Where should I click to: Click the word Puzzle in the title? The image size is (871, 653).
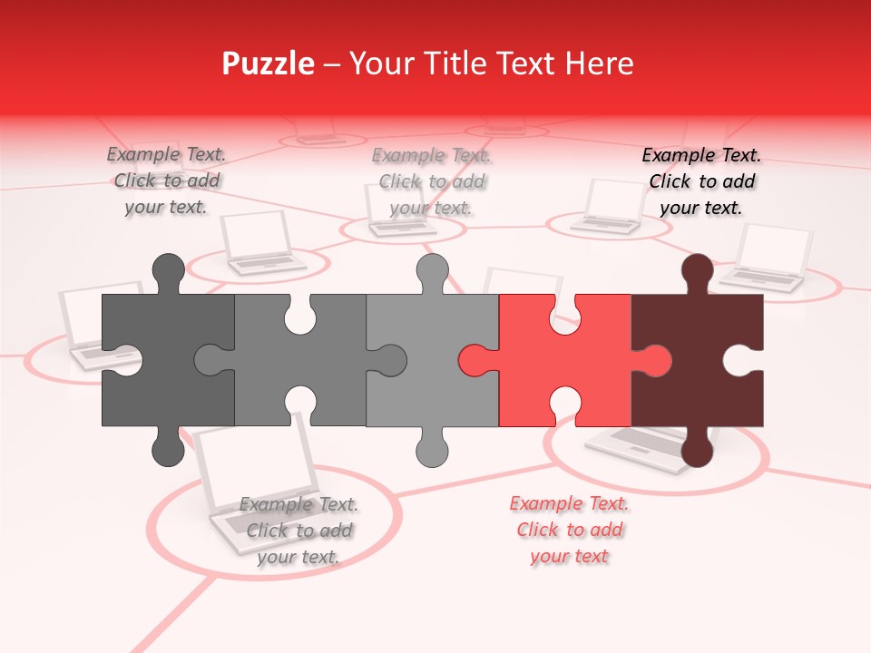[269, 63]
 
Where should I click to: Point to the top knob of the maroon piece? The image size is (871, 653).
[697, 272]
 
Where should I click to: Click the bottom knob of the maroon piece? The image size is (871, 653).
[697, 448]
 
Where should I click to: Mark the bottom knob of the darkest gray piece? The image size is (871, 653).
[168, 448]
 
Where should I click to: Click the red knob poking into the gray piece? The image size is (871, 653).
[475, 360]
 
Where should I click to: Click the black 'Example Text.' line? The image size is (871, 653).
[701, 155]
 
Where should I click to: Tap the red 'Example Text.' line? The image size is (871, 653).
[569, 503]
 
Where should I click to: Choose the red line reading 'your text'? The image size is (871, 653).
[569, 556]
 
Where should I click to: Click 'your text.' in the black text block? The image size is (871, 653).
[701, 208]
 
